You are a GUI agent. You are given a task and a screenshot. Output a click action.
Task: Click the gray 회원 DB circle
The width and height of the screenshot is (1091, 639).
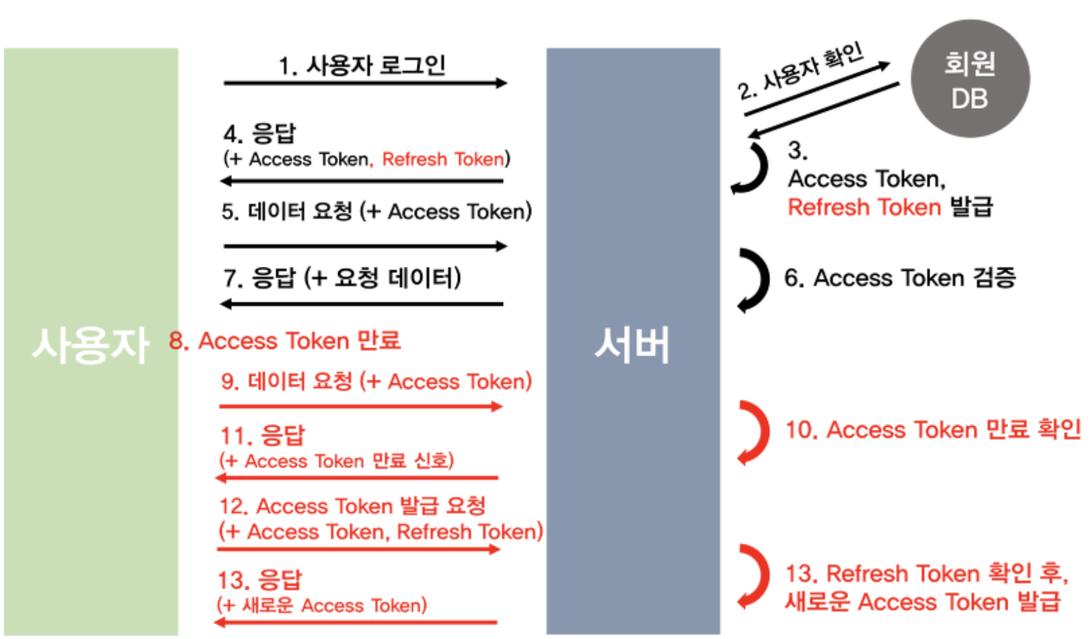point(970,79)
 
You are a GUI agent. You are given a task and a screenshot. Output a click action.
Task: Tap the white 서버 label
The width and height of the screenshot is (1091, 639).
point(632,344)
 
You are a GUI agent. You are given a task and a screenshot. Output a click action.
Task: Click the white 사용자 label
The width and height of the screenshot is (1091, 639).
point(90,344)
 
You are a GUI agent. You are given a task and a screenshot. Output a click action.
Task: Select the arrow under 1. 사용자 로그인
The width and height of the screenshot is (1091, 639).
point(365,83)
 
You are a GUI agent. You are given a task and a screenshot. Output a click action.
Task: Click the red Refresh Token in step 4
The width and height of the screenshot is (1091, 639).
point(443,159)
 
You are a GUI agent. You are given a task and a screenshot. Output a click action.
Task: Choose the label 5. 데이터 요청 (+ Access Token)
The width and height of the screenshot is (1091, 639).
point(376,211)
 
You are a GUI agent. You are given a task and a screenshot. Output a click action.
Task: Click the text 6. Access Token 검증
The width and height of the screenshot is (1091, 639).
point(899,278)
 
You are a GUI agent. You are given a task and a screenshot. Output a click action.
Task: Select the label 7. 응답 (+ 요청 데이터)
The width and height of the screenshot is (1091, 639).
point(342,278)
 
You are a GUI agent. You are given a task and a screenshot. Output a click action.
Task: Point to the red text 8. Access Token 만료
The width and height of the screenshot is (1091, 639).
point(285,341)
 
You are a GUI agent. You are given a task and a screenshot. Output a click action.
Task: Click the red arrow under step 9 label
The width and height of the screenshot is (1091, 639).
point(361,406)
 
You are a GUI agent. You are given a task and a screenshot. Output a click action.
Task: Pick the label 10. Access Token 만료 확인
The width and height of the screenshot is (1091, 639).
point(932,430)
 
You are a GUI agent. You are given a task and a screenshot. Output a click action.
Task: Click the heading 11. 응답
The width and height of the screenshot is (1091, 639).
point(263,436)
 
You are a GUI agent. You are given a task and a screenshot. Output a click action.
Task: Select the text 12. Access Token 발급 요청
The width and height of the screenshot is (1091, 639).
point(352,506)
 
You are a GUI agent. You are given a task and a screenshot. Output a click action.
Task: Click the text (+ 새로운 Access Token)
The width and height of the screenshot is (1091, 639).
point(322,605)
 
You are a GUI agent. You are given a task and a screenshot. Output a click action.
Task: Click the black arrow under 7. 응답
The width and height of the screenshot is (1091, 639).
point(362,304)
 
